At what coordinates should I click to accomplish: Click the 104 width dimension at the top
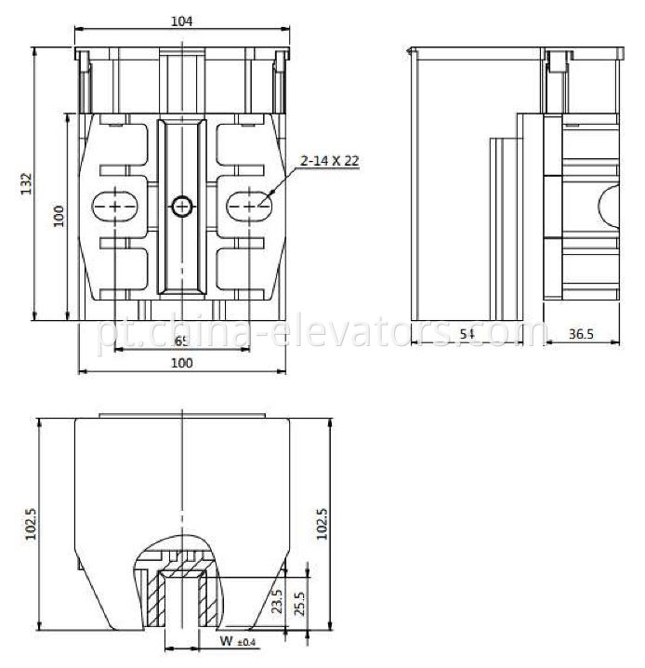click(x=183, y=20)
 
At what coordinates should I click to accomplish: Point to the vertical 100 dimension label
click(x=59, y=216)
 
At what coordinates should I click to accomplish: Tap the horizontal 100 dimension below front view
click(x=182, y=363)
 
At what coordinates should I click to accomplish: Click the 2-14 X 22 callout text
click(x=329, y=161)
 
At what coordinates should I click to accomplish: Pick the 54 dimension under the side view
click(x=467, y=333)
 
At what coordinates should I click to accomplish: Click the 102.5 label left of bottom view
click(x=31, y=524)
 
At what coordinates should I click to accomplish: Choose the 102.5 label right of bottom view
click(x=323, y=524)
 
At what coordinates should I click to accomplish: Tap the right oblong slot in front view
click(x=246, y=205)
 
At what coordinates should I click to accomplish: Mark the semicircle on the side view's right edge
click(x=609, y=205)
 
